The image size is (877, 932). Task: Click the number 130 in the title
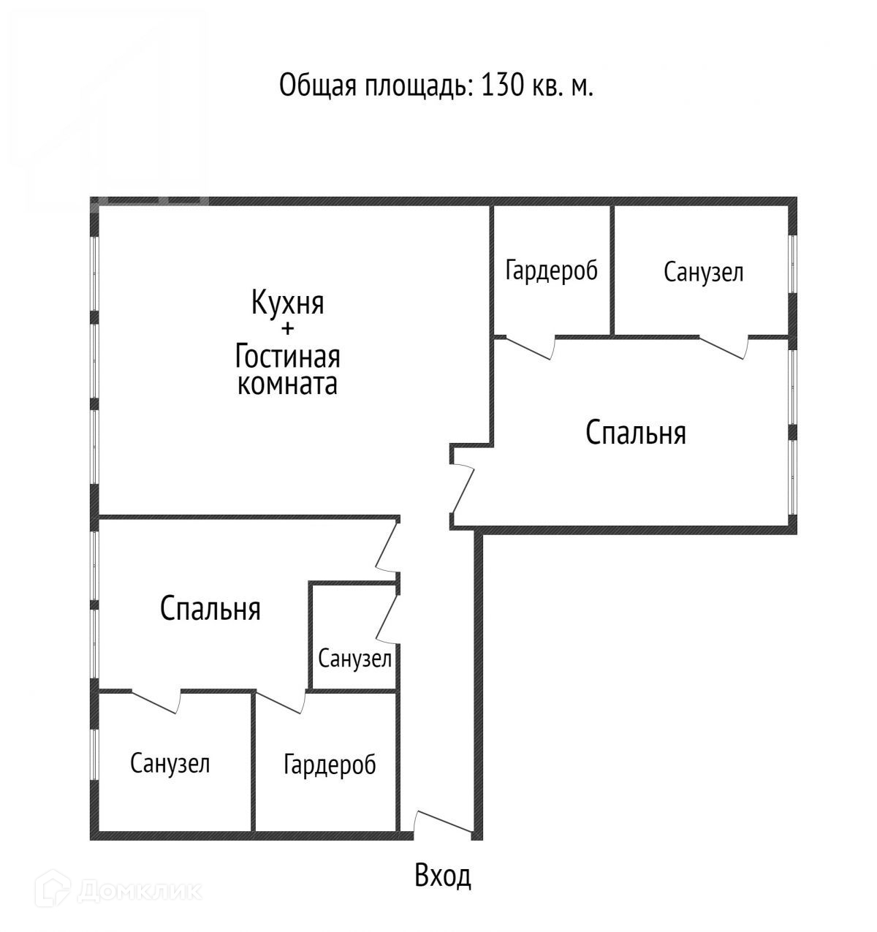click(500, 86)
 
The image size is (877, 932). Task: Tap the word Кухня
click(287, 302)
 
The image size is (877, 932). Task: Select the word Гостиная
click(287, 357)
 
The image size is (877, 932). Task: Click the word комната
click(287, 384)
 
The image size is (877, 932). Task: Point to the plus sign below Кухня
click(287, 329)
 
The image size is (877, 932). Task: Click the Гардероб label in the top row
click(551, 271)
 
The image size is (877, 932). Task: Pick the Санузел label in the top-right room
click(703, 273)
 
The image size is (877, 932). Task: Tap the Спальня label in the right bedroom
click(636, 433)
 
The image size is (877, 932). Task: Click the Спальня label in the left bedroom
click(210, 608)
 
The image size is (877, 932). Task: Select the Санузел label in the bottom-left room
click(170, 764)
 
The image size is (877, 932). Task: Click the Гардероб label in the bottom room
click(330, 765)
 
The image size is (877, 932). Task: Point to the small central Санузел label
click(354, 659)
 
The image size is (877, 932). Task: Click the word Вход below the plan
click(442, 875)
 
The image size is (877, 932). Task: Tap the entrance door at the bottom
click(443, 822)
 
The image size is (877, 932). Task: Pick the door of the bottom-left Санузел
click(156, 701)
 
